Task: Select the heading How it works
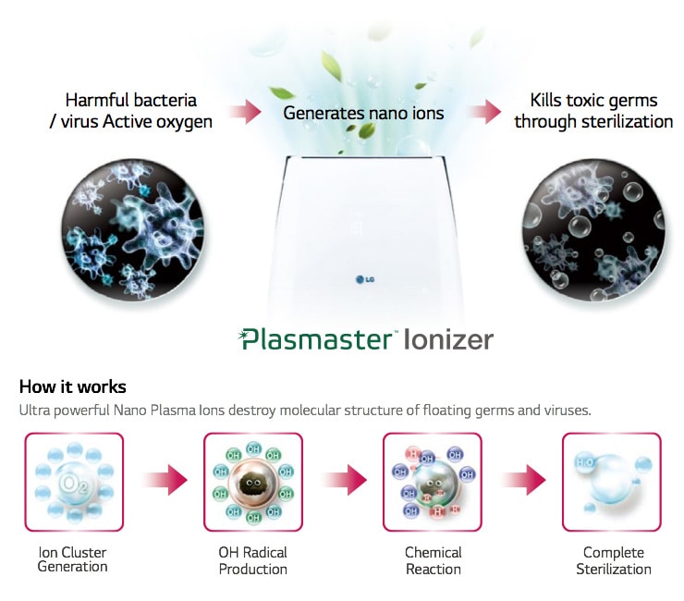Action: pyautogui.click(x=72, y=386)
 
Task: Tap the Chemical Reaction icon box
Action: pyautogui.click(x=432, y=482)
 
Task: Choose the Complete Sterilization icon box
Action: pyautogui.click(x=612, y=482)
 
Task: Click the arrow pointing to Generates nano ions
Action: pyautogui.click(x=245, y=113)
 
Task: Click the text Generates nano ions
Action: pyautogui.click(x=363, y=113)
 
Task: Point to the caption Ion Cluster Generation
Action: pyautogui.click(x=72, y=559)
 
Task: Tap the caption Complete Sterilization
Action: pyautogui.click(x=614, y=560)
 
